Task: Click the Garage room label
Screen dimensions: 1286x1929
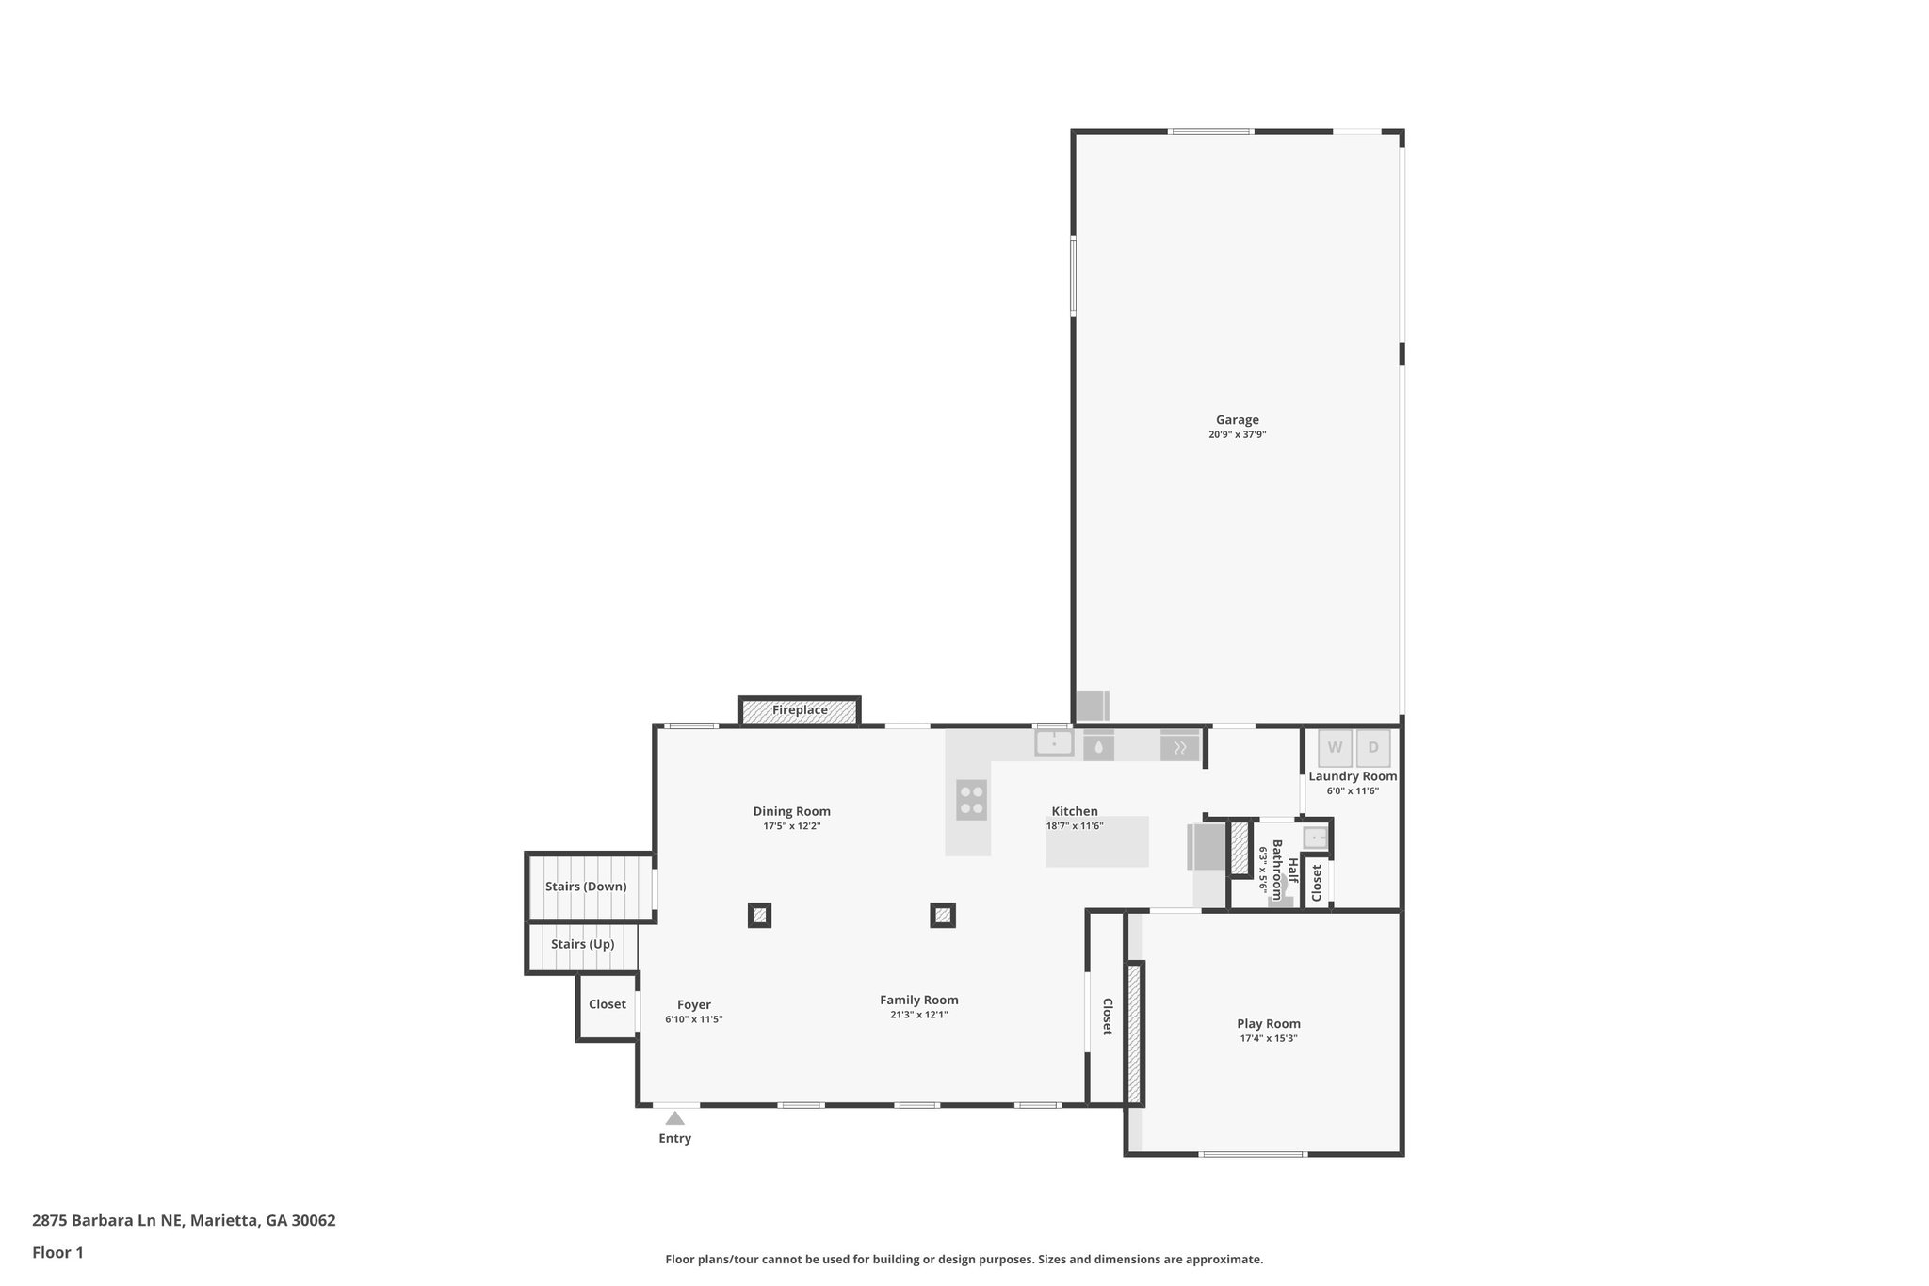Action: [x=1237, y=420]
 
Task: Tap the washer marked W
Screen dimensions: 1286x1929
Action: [x=1335, y=748]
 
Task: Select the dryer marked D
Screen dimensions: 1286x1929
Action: [x=1373, y=748]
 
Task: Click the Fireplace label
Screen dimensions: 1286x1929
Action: [x=800, y=710]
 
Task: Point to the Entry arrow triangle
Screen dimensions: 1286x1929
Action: [x=674, y=1118]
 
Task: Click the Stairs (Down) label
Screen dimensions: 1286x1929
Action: [x=586, y=887]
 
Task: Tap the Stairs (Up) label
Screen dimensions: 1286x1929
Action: [x=582, y=944]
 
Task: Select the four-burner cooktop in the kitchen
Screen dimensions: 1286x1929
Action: [x=971, y=800]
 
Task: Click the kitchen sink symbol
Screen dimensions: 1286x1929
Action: [x=1054, y=743]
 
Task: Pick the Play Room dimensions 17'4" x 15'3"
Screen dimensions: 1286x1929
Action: [x=1269, y=1038]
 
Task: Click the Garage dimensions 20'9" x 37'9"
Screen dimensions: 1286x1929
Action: [x=1237, y=435]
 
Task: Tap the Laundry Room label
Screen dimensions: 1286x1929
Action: [x=1353, y=776]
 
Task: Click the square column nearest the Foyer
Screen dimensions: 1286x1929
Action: [x=759, y=915]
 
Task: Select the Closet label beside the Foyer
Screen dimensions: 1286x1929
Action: [x=608, y=1004]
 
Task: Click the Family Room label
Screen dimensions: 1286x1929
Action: [x=919, y=1001]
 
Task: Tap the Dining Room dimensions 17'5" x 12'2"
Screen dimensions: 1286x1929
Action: [x=791, y=826]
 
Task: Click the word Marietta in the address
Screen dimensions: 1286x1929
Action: [x=224, y=1220]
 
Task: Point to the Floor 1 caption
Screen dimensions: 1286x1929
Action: [x=57, y=1253]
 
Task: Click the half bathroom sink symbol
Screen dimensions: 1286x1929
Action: [x=1315, y=837]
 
